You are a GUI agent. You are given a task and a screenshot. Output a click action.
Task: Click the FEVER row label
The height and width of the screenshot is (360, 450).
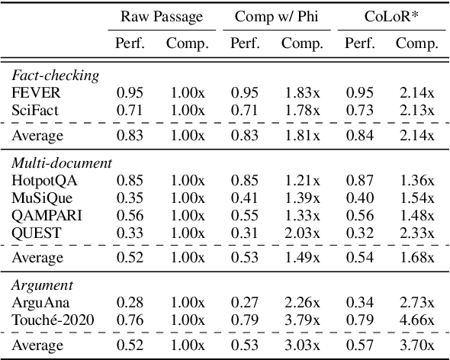[x=33, y=92]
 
